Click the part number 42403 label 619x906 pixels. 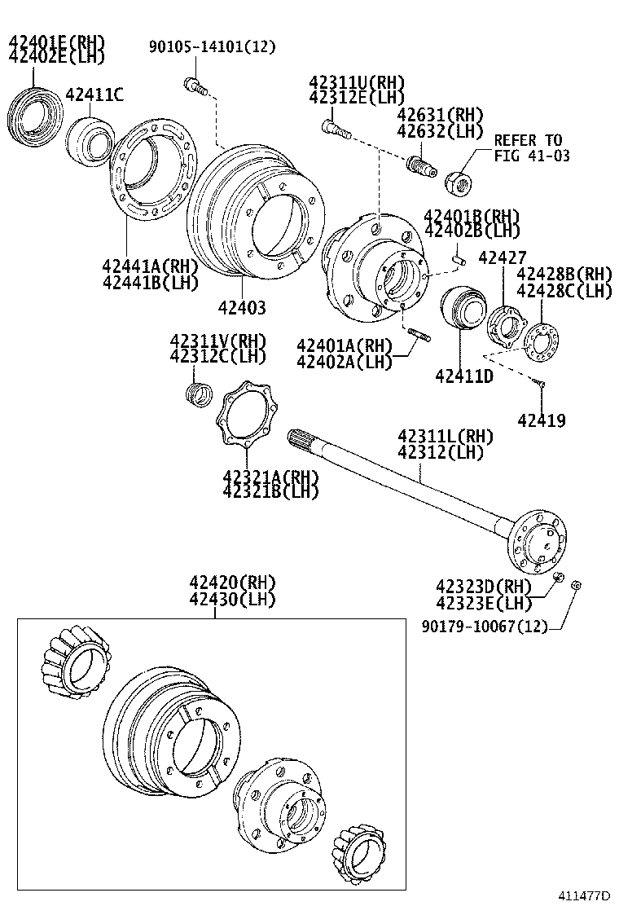coord(242,308)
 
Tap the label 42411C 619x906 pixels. coord(94,95)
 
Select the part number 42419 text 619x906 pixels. coord(541,420)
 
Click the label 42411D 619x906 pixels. coord(463,376)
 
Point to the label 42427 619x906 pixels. coord(502,258)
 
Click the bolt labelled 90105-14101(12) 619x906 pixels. coord(192,84)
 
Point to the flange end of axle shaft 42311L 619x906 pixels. coord(538,540)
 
